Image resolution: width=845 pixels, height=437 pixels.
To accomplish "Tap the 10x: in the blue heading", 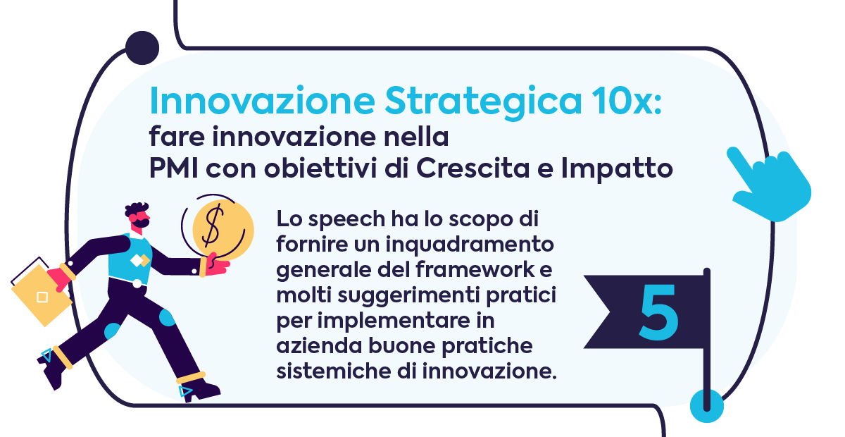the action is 627,100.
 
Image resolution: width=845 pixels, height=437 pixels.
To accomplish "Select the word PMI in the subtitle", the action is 173,168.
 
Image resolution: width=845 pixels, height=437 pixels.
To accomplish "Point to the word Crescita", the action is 473,168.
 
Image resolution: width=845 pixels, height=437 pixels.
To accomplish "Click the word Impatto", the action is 617,170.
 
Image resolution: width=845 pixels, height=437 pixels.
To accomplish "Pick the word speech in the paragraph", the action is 346,220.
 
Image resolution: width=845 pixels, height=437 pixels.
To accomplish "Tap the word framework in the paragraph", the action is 475,269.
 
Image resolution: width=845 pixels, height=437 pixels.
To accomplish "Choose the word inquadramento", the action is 470,245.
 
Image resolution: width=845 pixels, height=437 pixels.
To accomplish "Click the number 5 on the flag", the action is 658,312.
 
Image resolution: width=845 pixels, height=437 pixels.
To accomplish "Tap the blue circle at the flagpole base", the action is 706,406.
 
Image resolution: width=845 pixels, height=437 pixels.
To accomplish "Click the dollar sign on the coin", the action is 213,226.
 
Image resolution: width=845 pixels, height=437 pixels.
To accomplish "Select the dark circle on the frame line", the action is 142,48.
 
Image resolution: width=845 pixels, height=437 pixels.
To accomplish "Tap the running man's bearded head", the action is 138,215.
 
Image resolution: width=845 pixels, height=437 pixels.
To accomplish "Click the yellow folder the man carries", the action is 41,295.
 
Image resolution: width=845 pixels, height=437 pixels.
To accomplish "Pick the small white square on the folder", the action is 42,297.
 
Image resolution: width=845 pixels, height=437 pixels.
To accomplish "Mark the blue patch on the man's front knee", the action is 167,317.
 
